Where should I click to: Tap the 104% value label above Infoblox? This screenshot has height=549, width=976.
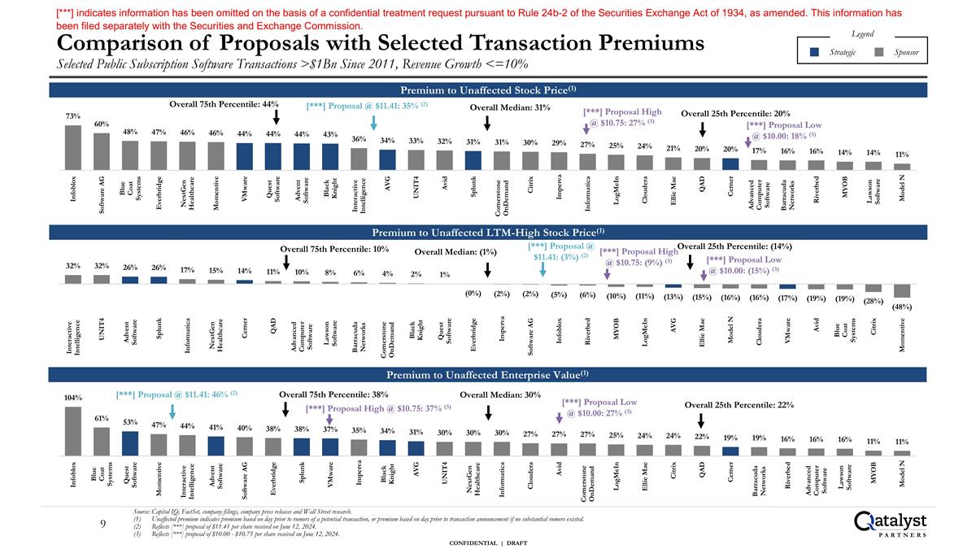[x=73, y=398]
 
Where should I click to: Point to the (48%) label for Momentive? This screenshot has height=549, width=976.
[x=902, y=307]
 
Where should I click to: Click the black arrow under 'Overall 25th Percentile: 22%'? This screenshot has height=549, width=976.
[x=702, y=420]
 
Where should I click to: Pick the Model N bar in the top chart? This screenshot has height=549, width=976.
[x=902, y=165]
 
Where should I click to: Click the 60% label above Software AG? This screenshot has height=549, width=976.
[x=102, y=124]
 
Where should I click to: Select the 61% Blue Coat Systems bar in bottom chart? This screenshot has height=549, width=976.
[x=102, y=441]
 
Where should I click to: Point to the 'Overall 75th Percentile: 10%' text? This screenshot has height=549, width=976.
[x=333, y=249]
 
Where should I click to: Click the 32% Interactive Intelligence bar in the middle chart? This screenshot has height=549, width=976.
[x=73, y=278]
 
